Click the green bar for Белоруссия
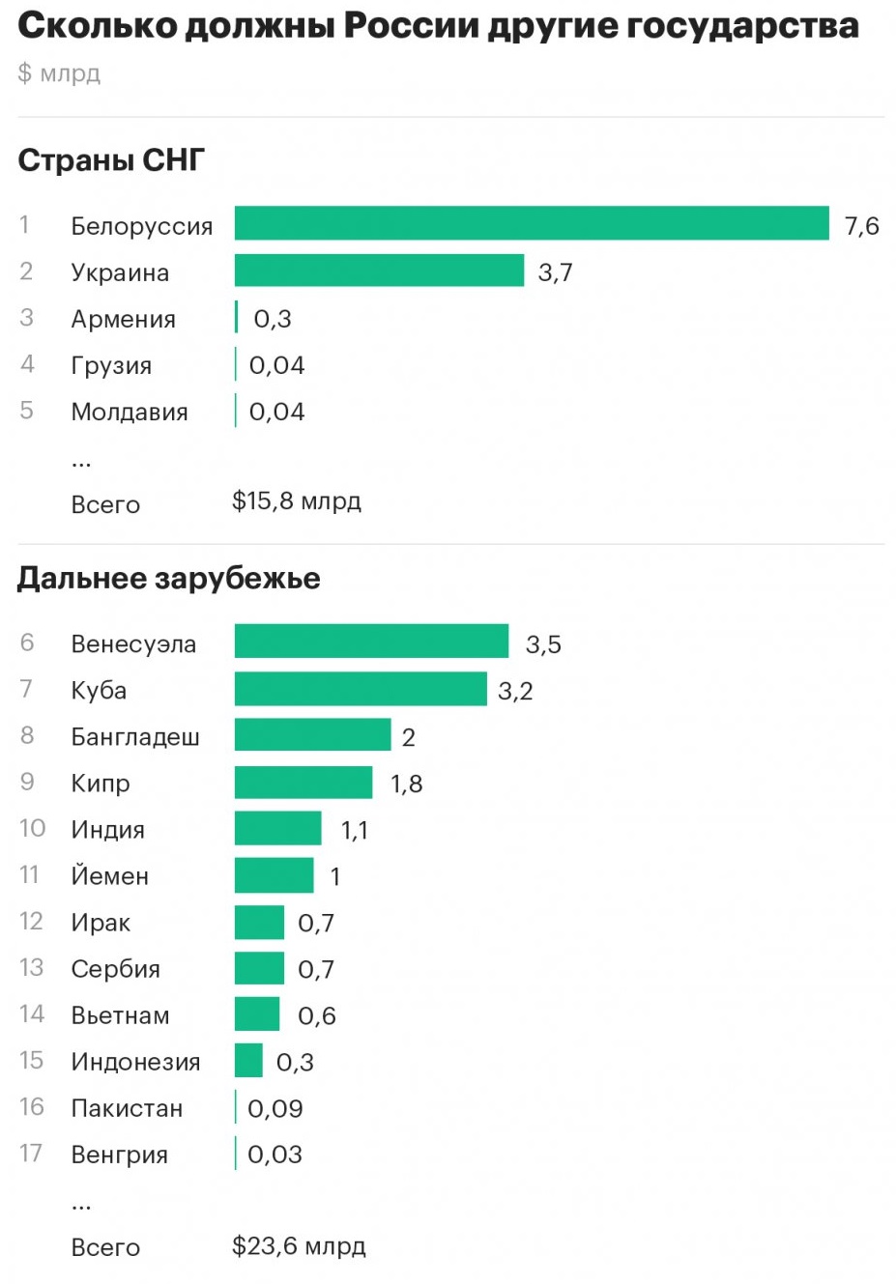click(x=532, y=223)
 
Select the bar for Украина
click(x=379, y=271)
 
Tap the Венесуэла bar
click(x=371, y=642)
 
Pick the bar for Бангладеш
click(x=312, y=735)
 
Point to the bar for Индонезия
click(x=248, y=1060)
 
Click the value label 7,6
click(x=861, y=226)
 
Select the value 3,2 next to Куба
click(x=515, y=691)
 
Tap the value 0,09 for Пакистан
click(x=275, y=1108)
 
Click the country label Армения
click(x=123, y=319)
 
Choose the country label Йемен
click(x=109, y=876)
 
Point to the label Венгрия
click(x=119, y=1155)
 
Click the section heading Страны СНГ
click(x=111, y=159)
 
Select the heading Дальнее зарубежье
click(x=168, y=578)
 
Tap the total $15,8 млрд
click(x=296, y=501)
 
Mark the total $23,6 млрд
click(x=299, y=1246)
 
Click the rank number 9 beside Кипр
click(x=27, y=782)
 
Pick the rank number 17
click(x=31, y=1154)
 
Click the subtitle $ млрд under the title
click(x=59, y=73)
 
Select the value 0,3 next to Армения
click(x=273, y=319)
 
